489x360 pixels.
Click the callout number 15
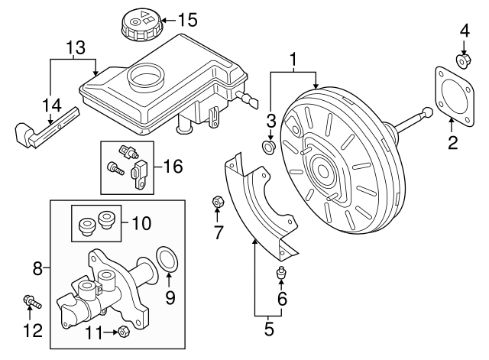[x=186, y=18]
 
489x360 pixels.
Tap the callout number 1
[x=293, y=59]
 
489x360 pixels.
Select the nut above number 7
[x=217, y=202]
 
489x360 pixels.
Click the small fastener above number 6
[x=280, y=273]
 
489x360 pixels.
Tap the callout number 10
[x=141, y=224]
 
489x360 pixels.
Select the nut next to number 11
[x=122, y=331]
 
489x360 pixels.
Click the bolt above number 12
[x=31, y=303]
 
